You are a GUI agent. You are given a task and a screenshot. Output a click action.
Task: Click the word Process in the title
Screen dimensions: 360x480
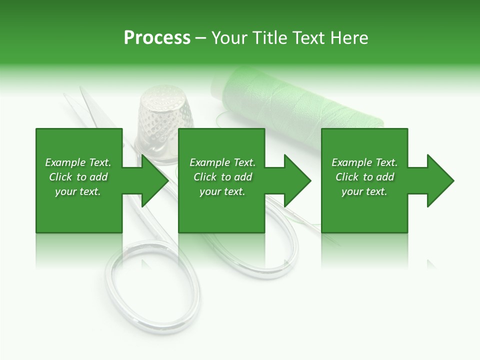point(157,38)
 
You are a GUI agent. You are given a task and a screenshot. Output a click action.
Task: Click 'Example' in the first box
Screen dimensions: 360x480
point(65,162)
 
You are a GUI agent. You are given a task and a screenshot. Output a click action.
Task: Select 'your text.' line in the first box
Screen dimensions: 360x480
point(77,191)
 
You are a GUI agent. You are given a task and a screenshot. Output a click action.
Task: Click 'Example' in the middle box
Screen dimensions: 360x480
point(209,162)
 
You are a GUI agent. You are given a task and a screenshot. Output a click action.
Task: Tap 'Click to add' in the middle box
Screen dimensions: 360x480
point(222,177)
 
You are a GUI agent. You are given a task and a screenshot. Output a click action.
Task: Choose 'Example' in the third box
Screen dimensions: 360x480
point(351,162)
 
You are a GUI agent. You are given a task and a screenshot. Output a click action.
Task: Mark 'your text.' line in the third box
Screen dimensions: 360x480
point(364,191)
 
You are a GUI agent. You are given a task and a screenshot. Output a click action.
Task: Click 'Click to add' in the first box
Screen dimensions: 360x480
point(78,177)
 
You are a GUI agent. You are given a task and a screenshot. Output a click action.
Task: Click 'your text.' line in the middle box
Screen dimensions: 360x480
point(222,191)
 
